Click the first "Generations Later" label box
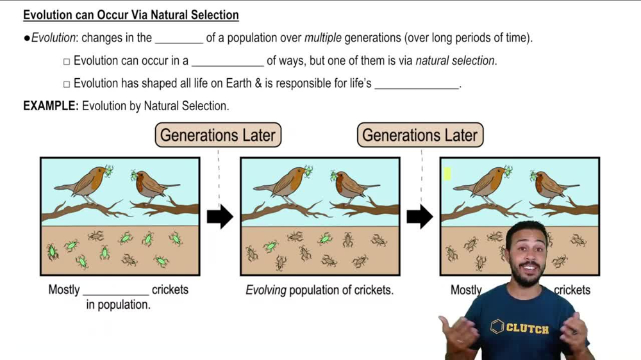click(x=218, y=135)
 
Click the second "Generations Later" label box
click(x=420, y=135)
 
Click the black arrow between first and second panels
click(x=220, y=217)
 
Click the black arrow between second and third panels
click(x=420, y=217)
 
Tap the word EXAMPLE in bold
click(x=50, y=106)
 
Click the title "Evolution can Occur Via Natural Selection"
click(x=131, y=15)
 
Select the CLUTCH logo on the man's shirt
click(x=520, y=327)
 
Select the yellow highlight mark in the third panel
click(x=447, y=174)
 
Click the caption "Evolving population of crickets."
click(x=319, y=290)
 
